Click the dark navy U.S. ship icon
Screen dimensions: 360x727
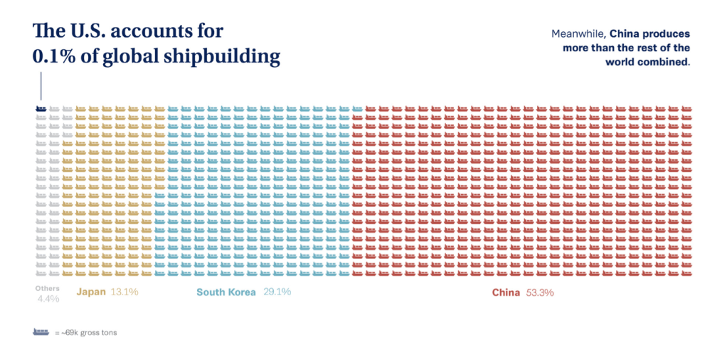click(x=41, y=109)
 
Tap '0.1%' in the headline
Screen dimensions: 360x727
click(x=53, y=57)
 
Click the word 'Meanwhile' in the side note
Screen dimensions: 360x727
click(x=578, y=33)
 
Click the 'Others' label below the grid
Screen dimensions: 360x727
click(x=48, y=288)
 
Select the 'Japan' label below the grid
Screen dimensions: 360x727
click(x=91, y=292)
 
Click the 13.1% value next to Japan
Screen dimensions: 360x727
click(x=124, y=292)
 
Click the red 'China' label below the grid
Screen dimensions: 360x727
click(x=506, y=292)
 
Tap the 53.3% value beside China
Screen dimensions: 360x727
click(x=539, y=292)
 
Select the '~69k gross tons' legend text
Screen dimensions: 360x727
click(x=88, y=332)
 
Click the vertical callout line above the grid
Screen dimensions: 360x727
click(x=41, y=86)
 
